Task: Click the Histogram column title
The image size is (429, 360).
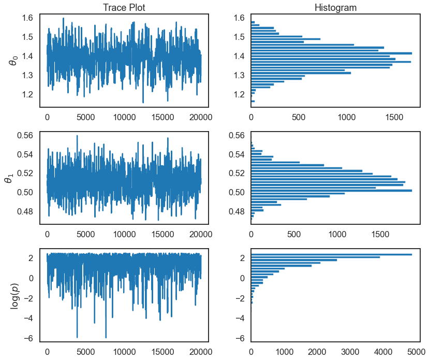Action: [x=335, y=7]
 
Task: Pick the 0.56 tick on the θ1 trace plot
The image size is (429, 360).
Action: [x=24, y=136]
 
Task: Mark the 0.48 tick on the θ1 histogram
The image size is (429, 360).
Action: [x=235, y=211]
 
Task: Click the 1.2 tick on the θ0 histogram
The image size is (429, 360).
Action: [x=239, y=94]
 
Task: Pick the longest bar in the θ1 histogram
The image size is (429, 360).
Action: [x=331, y=191]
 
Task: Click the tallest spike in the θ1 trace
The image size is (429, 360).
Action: [x=77, y=136]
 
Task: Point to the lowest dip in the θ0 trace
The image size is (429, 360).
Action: [x=143, y=102]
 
